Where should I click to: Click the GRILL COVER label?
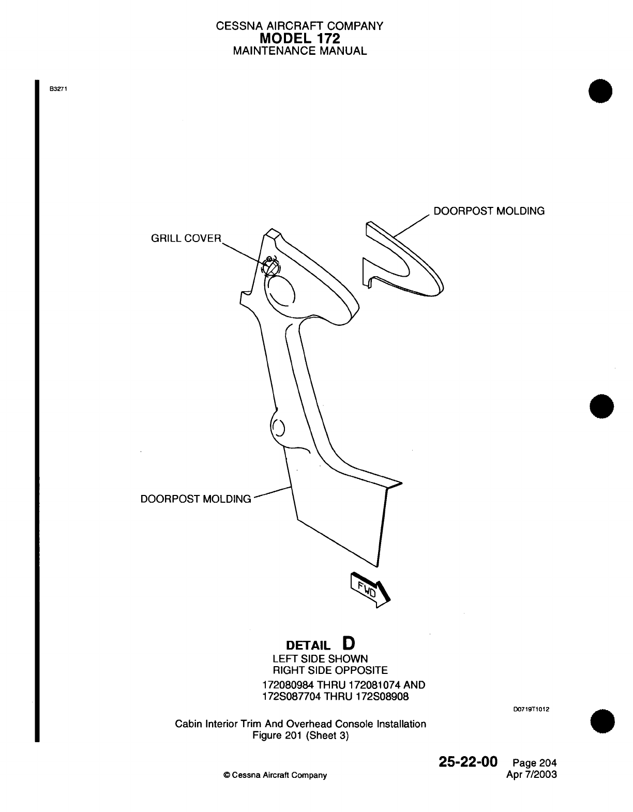186,238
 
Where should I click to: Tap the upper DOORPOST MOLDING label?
489,211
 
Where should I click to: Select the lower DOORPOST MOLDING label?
196,499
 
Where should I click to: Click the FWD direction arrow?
370,589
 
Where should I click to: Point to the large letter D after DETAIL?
349,643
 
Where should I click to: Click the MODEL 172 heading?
300,38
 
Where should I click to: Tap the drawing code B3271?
59,88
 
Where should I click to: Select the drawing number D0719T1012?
531,709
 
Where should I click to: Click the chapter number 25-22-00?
468,762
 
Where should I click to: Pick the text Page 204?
535,763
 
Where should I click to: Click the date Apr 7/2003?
533,775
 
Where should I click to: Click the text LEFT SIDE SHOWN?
320,659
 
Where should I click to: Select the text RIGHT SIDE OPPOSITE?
330,671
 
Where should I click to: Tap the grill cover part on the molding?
270,267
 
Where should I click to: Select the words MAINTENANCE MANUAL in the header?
300,51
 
